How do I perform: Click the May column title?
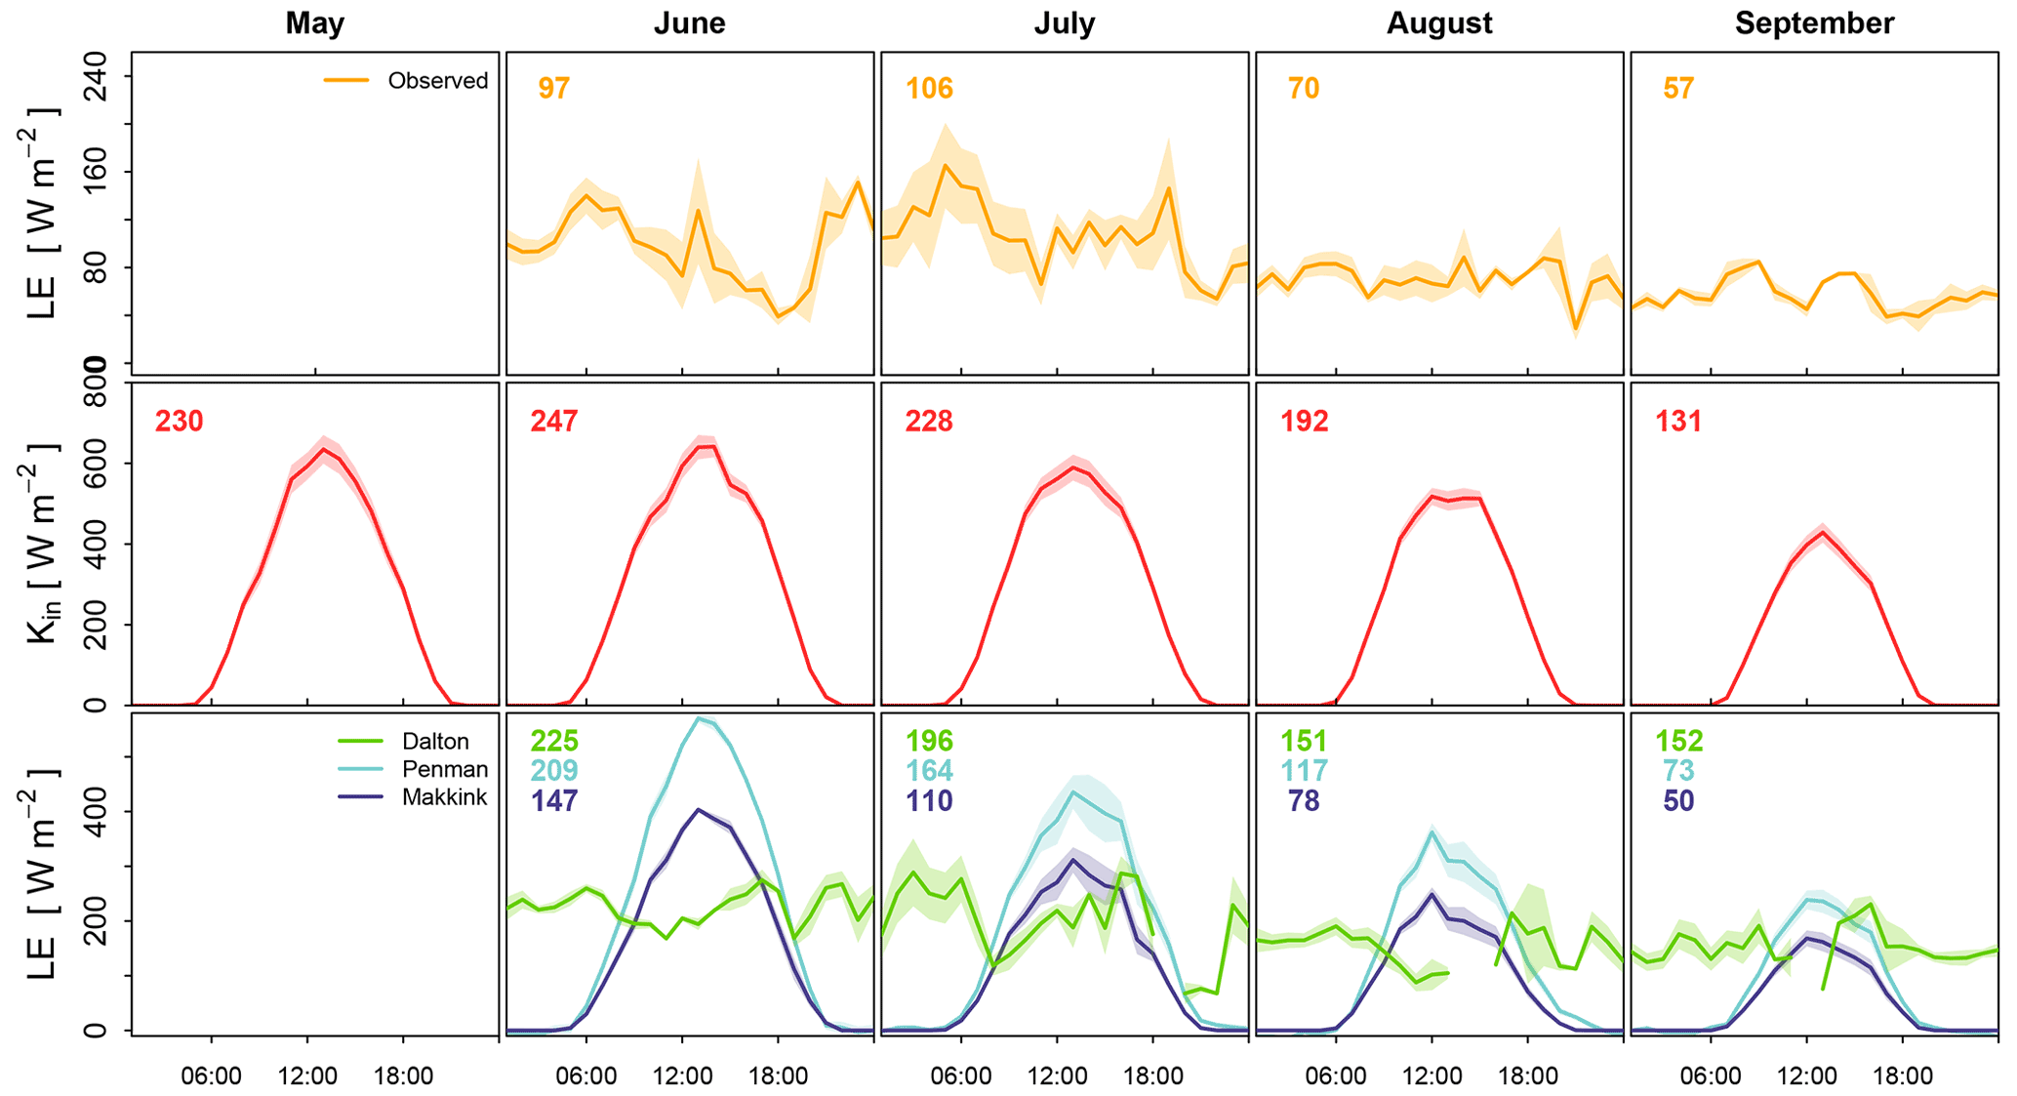click(314, 23)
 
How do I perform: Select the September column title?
click(1813, 23)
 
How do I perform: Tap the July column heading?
click(1064, 23)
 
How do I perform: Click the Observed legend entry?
click(437, 81)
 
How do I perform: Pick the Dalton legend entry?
click(434, 742)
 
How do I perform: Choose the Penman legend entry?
click(444, 769)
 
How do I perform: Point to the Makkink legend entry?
click(444, 797)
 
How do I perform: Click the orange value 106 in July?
click(929, 89)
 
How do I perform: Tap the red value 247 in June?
click(554, 422)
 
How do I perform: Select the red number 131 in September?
click(1678, 422)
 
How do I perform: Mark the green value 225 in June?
click(554, 742)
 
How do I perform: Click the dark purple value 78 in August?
click(1304, 801)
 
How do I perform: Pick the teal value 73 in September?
click(1678, 771)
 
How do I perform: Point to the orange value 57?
click(1678, 89)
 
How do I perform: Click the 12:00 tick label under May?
click(307, 1076)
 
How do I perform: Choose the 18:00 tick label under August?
click(1527, 1076)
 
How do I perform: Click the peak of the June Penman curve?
click(698, 719)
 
